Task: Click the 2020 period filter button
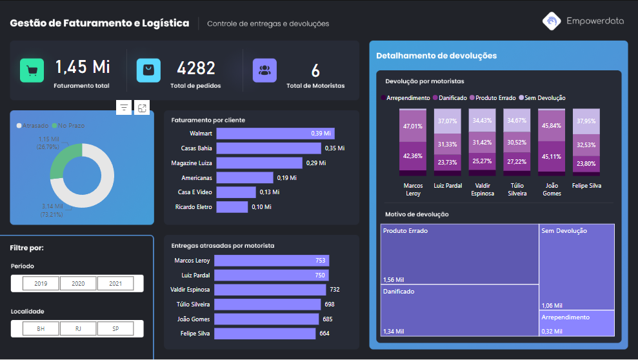[78, 283]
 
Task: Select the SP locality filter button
[115, 328]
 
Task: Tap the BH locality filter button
[41, 328]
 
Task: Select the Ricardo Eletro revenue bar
[232, 207]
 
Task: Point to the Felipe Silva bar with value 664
[264, 334]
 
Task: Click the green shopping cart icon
[32, 70]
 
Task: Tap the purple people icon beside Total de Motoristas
[264, 70]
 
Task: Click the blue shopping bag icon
[148, 70]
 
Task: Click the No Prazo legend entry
[68, 125]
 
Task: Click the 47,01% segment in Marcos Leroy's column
[412, 126]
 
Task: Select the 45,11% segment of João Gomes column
[552, 156]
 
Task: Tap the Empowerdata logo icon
[552, 21]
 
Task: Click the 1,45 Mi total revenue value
[82, 67]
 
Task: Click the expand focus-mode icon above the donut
[142, 108]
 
